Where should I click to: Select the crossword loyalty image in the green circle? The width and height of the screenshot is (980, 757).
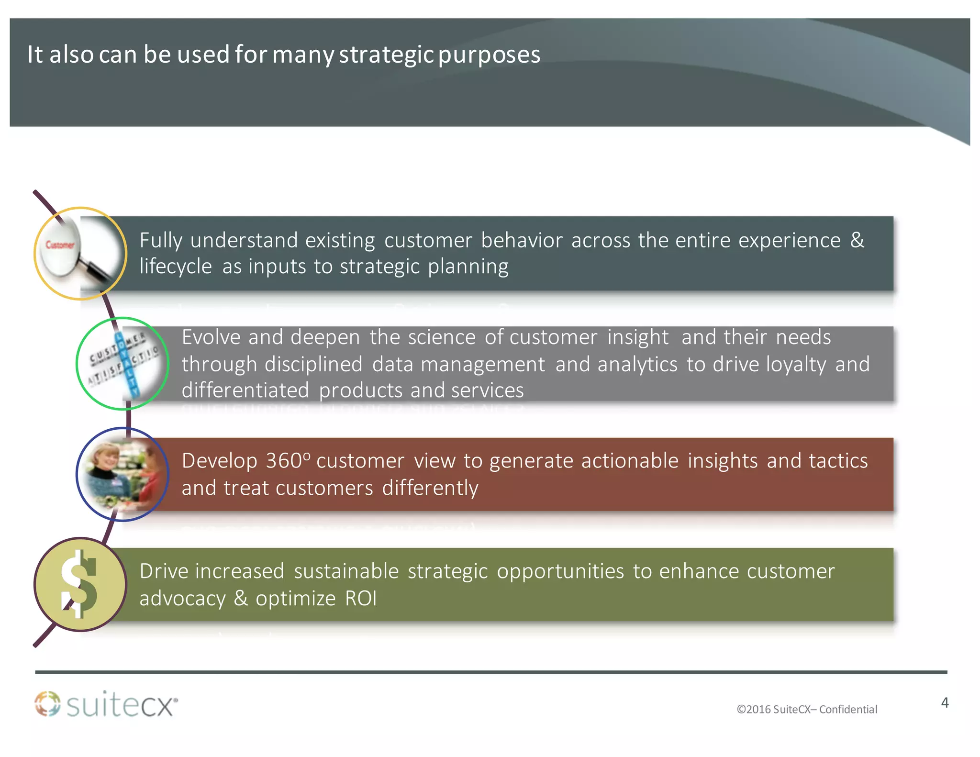pos(123,364)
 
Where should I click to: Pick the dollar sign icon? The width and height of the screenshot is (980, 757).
pos(79,584)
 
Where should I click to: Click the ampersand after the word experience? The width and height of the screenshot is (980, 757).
pos(857,240)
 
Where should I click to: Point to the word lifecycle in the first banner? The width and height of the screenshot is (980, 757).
pos(175,267)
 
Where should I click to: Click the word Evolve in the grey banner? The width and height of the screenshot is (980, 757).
pos(211,337)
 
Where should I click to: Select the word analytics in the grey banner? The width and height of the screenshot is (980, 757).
pos(637,365)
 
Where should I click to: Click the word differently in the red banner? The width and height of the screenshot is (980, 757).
pos(430,488)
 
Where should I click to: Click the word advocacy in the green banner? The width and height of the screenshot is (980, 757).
pos(182,599)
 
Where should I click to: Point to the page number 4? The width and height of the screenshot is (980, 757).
pos(945,702)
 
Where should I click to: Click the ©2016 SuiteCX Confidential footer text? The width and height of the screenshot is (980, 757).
pos(807,709)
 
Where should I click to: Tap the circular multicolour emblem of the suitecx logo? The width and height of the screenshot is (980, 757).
pos(47,704)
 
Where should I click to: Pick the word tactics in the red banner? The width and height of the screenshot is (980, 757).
pos(838,461)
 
